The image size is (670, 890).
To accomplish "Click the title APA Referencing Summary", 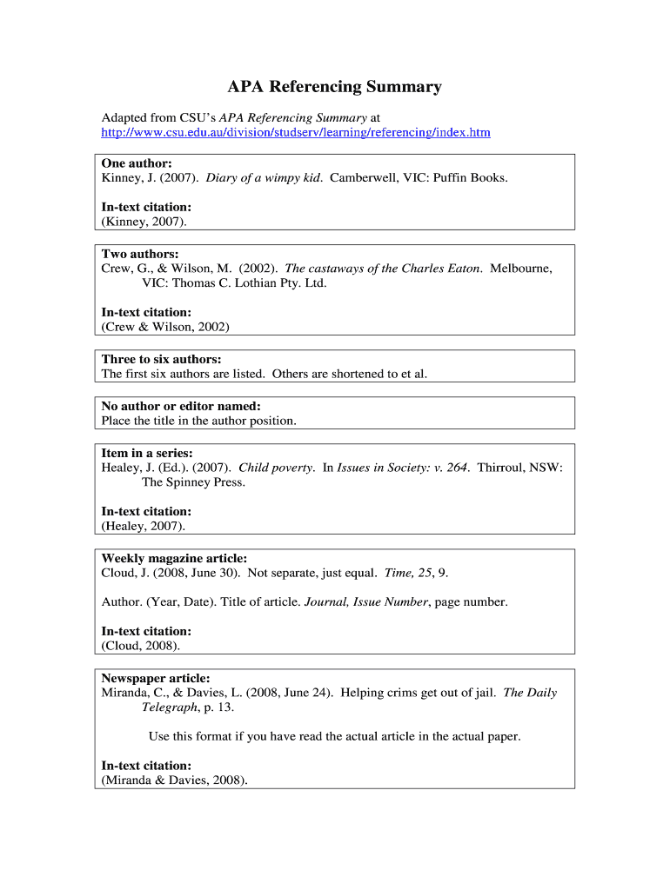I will (x=334, y=87).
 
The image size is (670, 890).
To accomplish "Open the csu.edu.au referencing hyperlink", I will (x=296, y=133).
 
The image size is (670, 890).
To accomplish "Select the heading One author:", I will (x=137, y=163).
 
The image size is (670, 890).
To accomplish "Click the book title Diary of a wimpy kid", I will (x=264, y=177).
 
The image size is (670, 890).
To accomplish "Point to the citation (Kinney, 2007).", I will (x=144, y=222).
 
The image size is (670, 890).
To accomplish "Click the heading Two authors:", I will (x=140, y=255).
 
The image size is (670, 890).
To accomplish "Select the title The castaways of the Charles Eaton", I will (x=383, y=269).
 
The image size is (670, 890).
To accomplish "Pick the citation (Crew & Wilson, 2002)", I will (x=165, y=327).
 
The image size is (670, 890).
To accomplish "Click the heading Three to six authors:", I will (x=161, y=359).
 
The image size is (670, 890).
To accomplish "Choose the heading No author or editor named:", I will (x=181, y=406).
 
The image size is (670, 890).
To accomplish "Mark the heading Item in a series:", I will (x=147, y=453).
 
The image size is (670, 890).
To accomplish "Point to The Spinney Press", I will (x=193, y=482).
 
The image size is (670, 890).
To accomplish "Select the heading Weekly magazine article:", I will (x=174, y=558).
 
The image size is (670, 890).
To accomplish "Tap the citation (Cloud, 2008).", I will (x=141, y=646).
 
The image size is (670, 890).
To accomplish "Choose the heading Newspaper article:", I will (x=156, y=678).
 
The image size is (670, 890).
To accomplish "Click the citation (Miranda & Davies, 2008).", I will (x=175, y=780).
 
